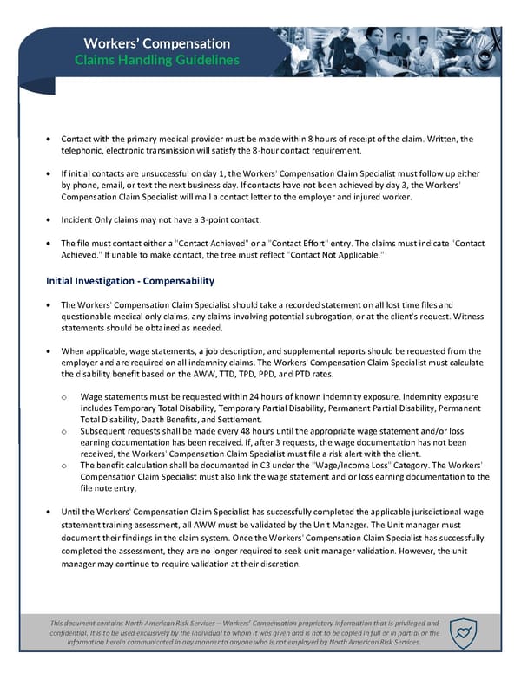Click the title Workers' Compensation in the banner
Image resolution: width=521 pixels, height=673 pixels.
click(156, 43)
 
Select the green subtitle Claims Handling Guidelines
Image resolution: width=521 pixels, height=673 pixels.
click(156, 61)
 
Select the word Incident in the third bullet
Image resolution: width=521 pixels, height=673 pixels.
click(76, 220)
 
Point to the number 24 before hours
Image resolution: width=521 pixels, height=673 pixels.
click(226, 395)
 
